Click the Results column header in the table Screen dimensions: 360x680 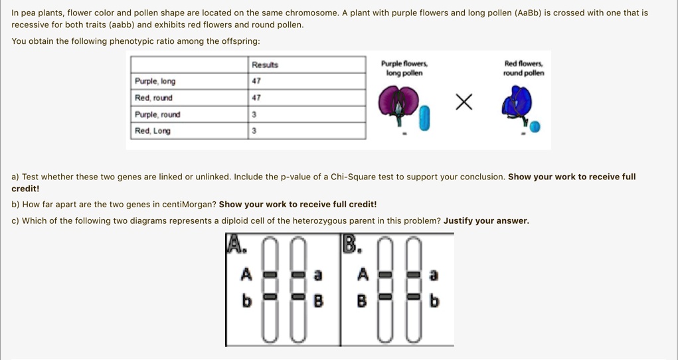click(x=265, y=64)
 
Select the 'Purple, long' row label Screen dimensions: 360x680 click(x=155, y=81)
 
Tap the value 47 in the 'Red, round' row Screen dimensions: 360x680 click(x=256, y=98)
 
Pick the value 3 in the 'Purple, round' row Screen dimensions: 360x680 click(x=254, y=114)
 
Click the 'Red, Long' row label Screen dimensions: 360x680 click(x=152, y=131)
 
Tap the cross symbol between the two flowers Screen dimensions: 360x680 click(x=464, y=102)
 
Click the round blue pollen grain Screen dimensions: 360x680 click(x=535, y=127)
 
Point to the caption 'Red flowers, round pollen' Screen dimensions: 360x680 click(x=524, y=68)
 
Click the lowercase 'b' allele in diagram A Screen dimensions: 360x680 click(x=246, y=301)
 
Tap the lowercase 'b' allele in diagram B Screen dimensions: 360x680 click(x=434, y=302)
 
